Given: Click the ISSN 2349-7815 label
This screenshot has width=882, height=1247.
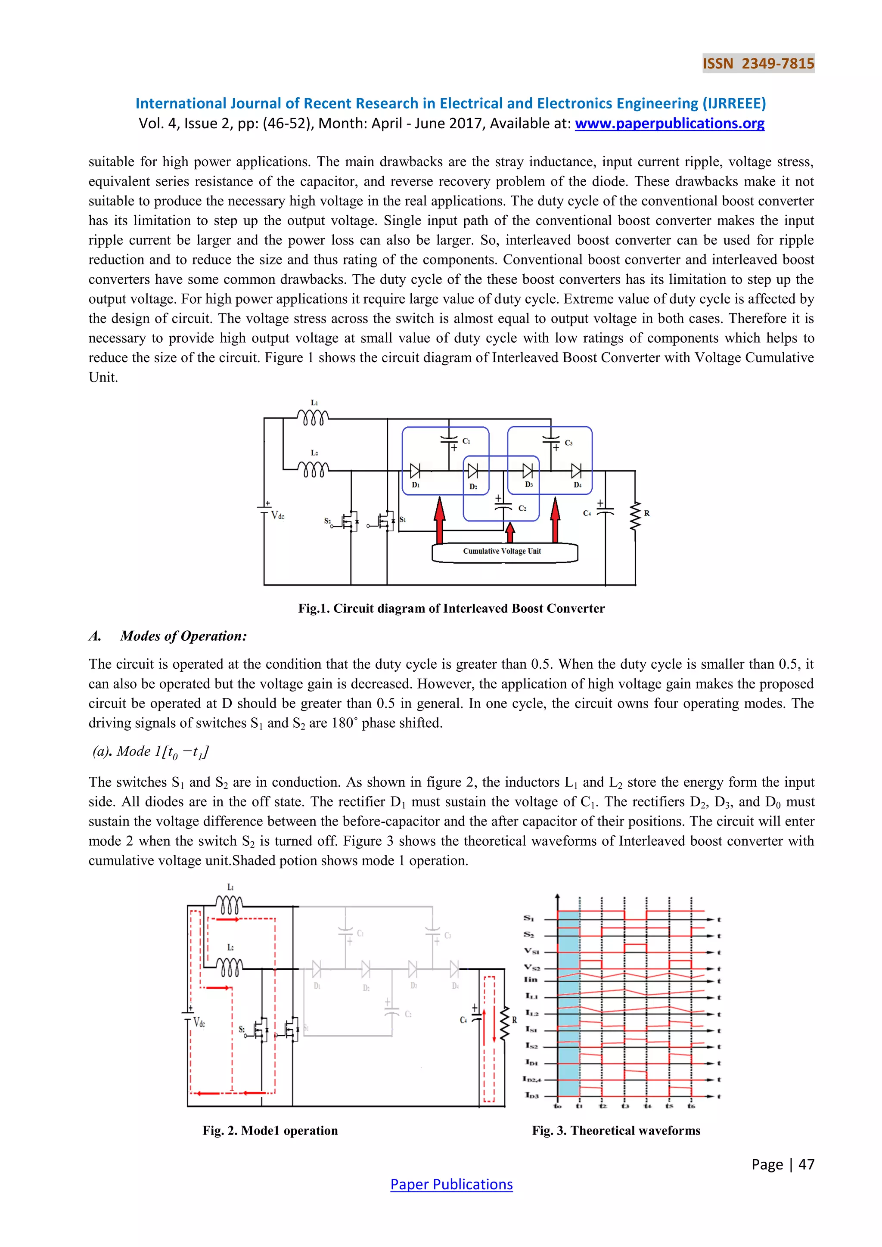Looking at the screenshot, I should (x=758, y=64).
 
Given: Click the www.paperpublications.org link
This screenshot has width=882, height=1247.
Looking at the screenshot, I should (x=669, y=124).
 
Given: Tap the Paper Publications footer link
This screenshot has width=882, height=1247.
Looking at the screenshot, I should (x=451, y=1184).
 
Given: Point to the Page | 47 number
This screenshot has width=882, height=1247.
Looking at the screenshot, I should (x=783, y=1164).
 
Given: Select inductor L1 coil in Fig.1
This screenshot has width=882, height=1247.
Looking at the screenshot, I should (x=313, y=418).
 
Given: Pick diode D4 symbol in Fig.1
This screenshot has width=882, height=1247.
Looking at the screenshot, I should (x=576, y=471).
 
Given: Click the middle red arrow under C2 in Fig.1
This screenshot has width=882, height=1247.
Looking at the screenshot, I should (x=509, y=533).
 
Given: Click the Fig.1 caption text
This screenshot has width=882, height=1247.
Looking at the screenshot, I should (x=451, y=608).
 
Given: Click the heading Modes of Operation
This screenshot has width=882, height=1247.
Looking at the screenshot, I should (x=183, y=636).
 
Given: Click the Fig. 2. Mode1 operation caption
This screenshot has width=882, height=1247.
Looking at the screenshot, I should (x=270, y=1130).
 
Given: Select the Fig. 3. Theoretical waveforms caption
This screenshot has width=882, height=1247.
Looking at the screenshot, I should (x=616, y=1130).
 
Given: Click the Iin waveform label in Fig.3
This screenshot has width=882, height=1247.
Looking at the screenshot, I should (x=531, y=979).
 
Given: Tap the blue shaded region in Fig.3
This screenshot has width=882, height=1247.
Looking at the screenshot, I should (x=568, y=1005).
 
